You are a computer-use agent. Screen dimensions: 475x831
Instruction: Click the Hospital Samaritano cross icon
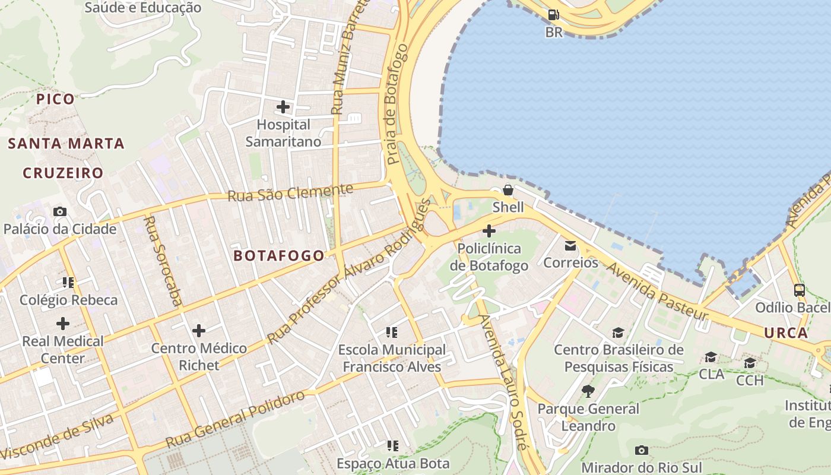coord(283,107)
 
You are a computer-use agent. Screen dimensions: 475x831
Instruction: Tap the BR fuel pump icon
coord(553,15)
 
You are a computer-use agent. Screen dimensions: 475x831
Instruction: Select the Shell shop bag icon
coord(508,190)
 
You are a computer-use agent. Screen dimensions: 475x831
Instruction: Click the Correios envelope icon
coord(570,245)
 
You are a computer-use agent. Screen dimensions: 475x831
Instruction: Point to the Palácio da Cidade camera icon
coord(60,211)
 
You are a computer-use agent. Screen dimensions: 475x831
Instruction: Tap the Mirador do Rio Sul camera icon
coord(641,450)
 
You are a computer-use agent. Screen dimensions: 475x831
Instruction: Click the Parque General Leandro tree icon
coord(588,391)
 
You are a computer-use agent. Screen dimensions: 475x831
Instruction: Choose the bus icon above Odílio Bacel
coord(800,290)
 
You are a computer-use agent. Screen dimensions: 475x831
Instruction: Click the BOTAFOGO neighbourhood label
coord(279,256)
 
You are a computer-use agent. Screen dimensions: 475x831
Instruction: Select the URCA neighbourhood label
coord(786,332)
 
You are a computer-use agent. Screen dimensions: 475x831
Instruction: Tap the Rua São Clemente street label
coord(290,192)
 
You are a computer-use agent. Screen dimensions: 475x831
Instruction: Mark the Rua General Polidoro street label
coord(235,419)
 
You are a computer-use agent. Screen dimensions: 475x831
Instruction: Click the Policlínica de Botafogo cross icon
coord(489,231)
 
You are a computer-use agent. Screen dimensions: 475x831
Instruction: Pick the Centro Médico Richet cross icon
coord(199,331)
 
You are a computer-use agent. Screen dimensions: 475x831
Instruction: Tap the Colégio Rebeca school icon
coord(68,283)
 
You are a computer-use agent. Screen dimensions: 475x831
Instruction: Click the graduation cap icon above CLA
coord(711,357)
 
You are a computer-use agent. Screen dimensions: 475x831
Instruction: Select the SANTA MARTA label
coord(66,144)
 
